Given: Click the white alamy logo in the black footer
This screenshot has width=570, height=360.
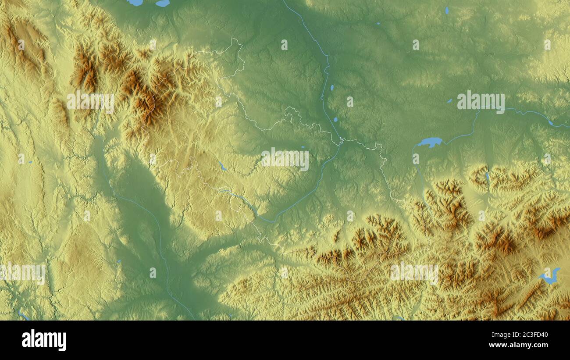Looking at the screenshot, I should pos(44,340).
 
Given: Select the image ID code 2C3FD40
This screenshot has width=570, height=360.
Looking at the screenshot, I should pos(531,335).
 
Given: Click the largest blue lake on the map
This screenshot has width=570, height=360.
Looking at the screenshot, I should pos(430,143).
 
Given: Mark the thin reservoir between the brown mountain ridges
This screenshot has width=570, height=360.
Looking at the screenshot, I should pos(488,177).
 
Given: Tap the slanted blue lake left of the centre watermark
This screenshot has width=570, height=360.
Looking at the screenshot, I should pos(222,166).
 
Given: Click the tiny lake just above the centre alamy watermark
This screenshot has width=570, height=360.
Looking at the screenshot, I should pos(303,147).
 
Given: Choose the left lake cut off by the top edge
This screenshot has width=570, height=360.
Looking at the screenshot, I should pos(135,2).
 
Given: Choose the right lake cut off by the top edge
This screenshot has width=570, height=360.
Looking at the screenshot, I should pos(162,3).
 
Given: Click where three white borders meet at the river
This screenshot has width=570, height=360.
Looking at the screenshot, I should pos(341,141).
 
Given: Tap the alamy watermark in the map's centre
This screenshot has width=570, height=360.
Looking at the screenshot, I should pos(285,159).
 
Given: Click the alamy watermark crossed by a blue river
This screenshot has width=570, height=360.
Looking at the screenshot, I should pos(481,102).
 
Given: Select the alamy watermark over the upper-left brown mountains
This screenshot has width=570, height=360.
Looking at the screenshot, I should pos(90,102).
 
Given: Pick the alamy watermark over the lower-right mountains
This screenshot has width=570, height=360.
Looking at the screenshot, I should pos(414,273).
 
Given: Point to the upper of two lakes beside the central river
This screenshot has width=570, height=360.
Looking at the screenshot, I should pos(331,88).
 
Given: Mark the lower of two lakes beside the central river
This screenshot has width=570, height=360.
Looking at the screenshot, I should pos(335,119).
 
